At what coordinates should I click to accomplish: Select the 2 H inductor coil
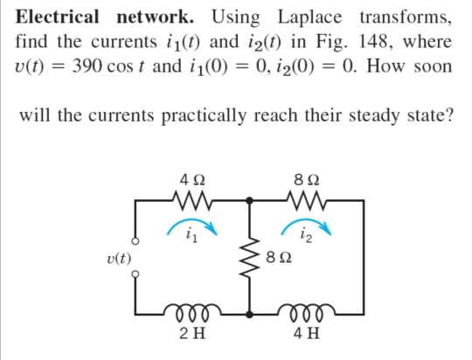[x=193, y=312]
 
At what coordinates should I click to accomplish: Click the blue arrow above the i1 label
[x=194, y=224]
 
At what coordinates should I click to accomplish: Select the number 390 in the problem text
[x=94, y=66]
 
